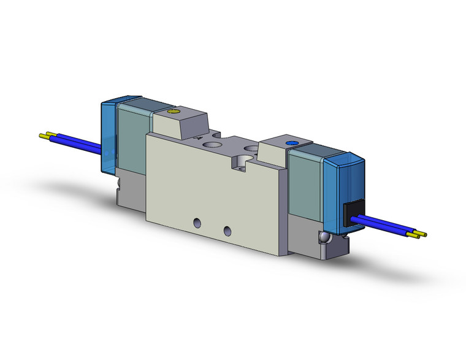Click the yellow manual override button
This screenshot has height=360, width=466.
(x=171, y=113)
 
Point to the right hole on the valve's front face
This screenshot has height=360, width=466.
(x=228, y=231)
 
